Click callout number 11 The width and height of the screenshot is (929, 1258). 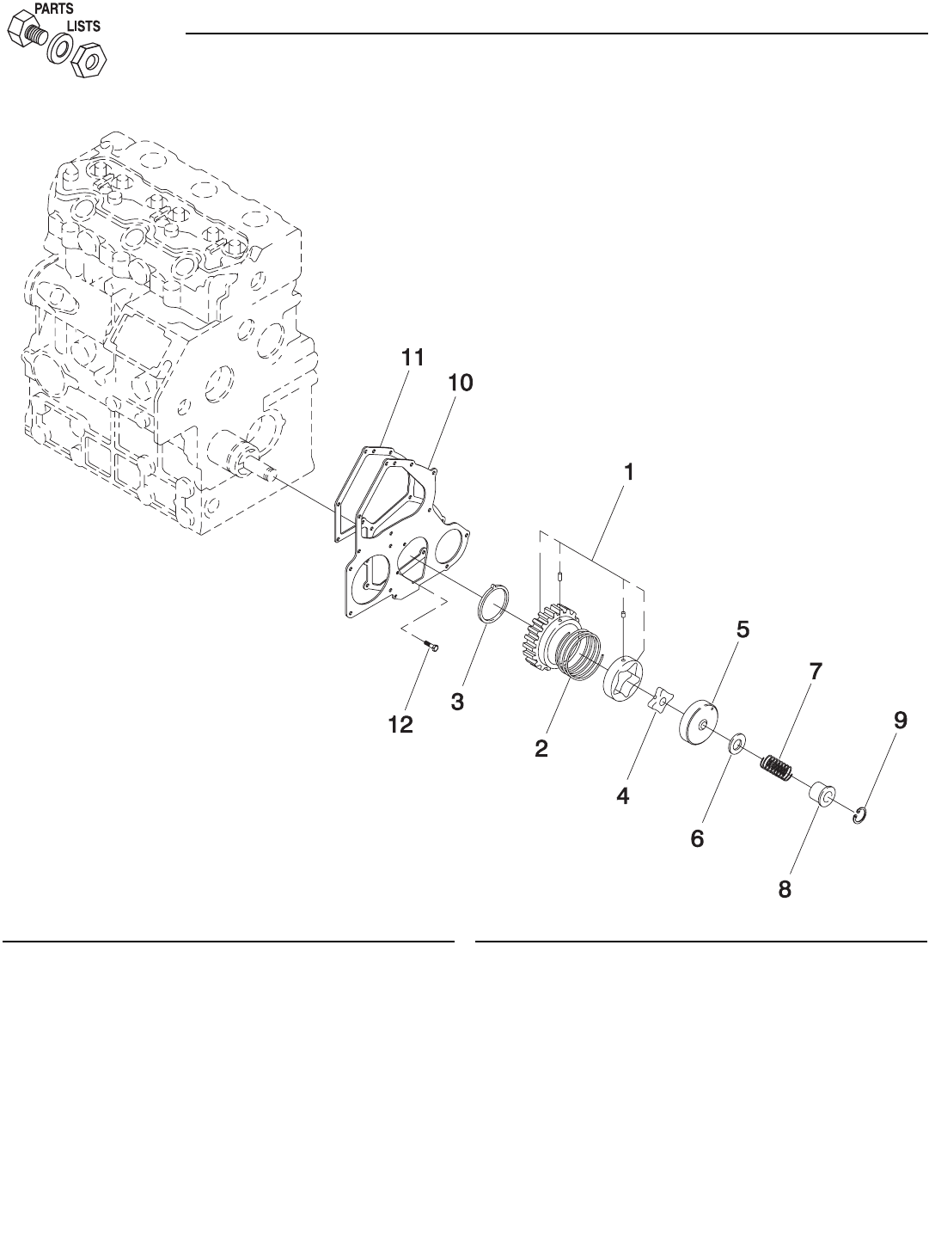click(x=413, y=358)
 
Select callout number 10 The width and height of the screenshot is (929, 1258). click(x=461, y=383)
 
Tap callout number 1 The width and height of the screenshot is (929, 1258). click(x=628, y=472)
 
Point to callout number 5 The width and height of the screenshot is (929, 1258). click(x=743, y=629)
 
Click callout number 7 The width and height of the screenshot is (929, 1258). click(x=815, y=672)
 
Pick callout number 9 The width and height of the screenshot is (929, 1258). click(x=901, y=721)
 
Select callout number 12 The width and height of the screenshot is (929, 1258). click(x=400, y=725)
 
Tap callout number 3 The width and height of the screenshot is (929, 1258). click(x=457, y=702)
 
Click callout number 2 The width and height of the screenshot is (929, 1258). click(x=541, y=749)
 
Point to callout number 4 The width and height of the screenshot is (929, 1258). click(x=623, y=796)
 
